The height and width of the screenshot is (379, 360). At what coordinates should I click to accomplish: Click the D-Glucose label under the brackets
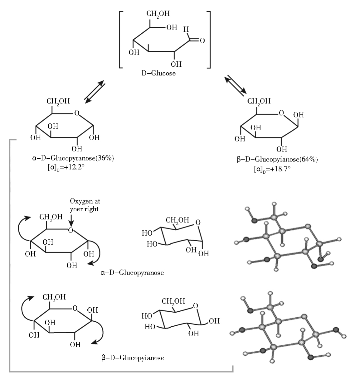point(158,74)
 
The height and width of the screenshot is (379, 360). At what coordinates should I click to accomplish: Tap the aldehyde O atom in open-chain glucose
point(202,41)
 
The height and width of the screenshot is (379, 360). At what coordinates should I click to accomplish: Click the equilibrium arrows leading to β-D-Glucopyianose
point(236,84)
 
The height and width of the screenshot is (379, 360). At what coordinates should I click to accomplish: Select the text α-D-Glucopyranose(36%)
point(73,158)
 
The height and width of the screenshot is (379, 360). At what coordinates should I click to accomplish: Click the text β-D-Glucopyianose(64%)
point(277,160)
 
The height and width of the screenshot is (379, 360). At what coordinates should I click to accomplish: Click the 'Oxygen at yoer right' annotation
point(85,205)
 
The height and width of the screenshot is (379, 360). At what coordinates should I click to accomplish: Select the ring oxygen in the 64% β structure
point(281,113)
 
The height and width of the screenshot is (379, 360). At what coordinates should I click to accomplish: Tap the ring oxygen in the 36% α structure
point(77,113)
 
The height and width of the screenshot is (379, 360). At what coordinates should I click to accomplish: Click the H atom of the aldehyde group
point(186,30)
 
